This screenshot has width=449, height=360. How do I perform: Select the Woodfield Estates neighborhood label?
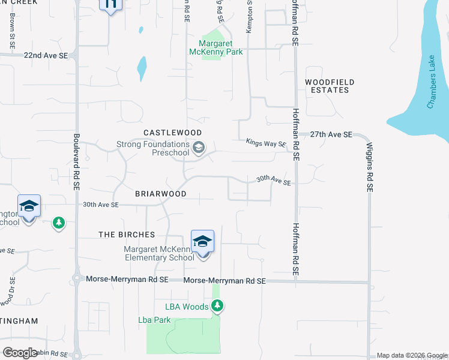pos(330,86)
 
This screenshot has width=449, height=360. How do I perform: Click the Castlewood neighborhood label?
pos(172,132)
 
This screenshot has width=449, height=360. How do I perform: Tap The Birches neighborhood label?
pos(127,235)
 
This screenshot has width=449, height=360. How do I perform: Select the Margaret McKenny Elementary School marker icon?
pos(203,242)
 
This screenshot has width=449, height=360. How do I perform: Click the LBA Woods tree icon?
pos(218,307)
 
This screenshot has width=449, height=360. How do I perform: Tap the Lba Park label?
pos(155,320)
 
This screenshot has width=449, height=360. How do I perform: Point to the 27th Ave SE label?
pos(331,135)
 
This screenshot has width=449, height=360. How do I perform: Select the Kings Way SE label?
pos(266,143)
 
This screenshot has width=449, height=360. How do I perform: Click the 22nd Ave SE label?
pos(46,55)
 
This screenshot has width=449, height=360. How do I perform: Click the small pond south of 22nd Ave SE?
pos(142,68)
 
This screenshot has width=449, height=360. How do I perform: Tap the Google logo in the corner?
pos(20,352)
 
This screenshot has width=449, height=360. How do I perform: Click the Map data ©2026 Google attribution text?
pos(411,355)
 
